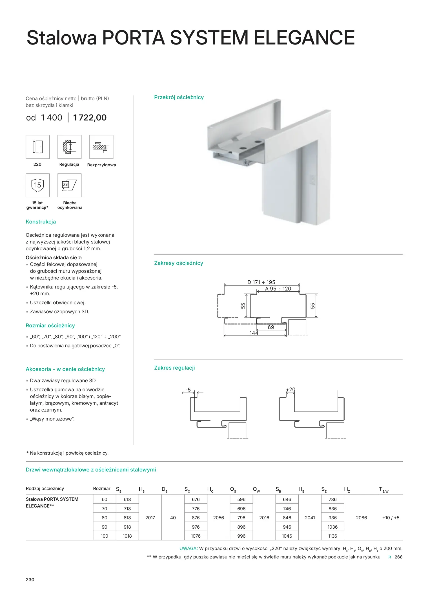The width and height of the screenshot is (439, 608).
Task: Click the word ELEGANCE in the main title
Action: point(304,38)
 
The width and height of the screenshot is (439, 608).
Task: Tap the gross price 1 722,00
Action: point(90,118)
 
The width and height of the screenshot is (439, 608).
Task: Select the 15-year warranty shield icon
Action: point(37,185)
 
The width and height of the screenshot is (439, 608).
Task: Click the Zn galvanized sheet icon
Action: point(69,185)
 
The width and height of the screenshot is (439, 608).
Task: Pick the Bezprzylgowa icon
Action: point(101,147)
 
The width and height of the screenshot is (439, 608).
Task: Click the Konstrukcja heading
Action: point(41,222)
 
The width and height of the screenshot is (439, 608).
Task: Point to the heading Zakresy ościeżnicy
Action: point(178,263)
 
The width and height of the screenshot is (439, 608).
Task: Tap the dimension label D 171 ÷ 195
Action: point(261,282)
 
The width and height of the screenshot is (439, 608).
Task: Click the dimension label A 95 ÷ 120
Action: point(278,289)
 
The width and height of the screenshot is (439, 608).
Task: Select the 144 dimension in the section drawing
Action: point(254,333)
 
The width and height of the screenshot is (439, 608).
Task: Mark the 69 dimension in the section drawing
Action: point(271,327)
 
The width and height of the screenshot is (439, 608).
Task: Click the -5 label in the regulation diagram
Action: point(188,390)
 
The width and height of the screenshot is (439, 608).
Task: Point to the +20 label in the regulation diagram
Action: point(291,390)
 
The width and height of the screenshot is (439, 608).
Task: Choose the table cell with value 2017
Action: point(150,518)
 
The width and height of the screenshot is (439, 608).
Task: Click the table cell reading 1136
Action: point(332,536)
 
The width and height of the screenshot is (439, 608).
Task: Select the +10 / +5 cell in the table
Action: point(391,518)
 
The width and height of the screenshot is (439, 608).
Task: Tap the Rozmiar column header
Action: point(101,489)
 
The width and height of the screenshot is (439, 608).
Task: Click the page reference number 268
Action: point(398,557)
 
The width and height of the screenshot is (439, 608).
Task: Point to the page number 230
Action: point(30,580)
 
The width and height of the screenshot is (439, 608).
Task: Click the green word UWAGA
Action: point(188,549)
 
